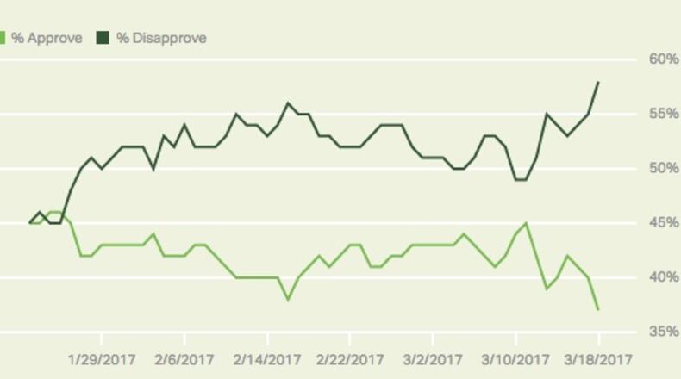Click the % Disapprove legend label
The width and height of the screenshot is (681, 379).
(x=161, y=38)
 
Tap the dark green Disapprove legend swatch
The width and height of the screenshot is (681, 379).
(x=103, y=38)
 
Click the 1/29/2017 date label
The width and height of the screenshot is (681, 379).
(x=102, y=358)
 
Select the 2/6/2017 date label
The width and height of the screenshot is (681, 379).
(x=184, y=358)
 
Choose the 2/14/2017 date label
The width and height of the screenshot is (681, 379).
(x=267, y=358)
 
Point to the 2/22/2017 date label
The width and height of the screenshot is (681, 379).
(x=350, y=358)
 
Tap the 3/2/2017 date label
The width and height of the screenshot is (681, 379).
(x=433, y=358)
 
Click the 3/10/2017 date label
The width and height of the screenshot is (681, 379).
(x=515, y=358)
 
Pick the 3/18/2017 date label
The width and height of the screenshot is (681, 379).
(x=598, y=358)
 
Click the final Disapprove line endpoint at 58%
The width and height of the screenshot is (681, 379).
(x=598, y=82)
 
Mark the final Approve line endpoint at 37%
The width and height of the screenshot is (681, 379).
(x=598, y=310)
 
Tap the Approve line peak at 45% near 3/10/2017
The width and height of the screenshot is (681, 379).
(x=526, y=223)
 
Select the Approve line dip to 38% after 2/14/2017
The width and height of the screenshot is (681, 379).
(x=288, y=300)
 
